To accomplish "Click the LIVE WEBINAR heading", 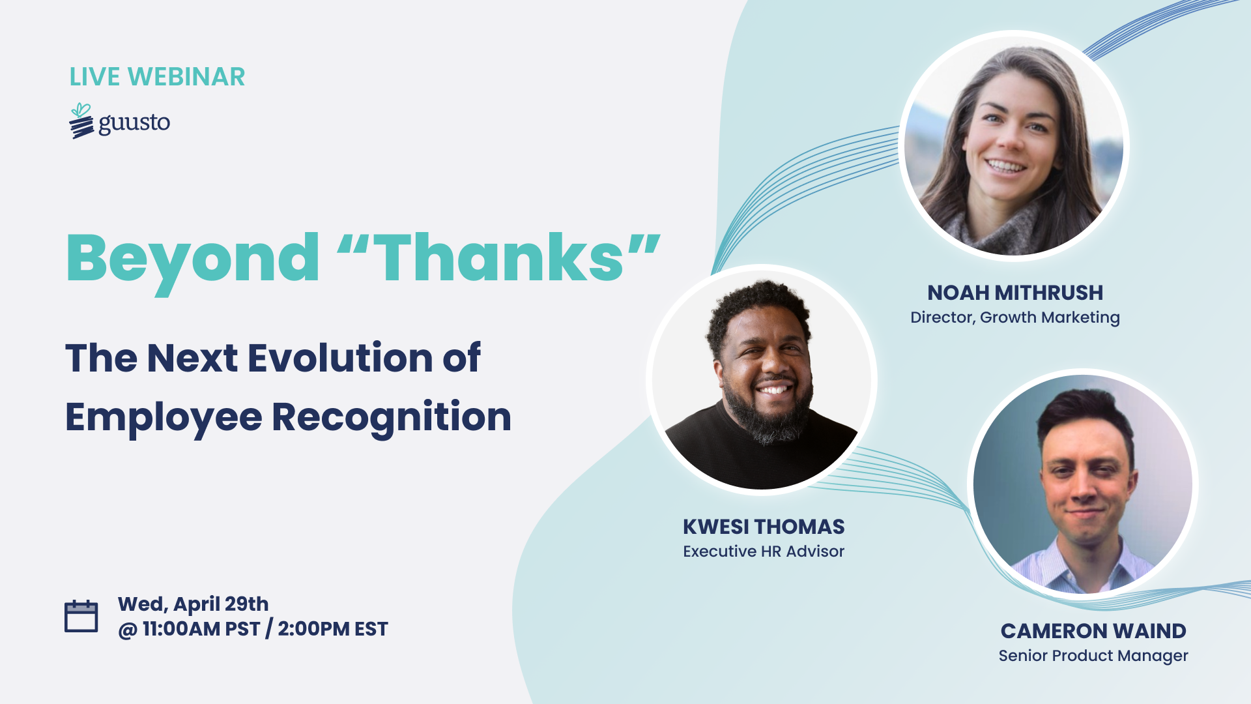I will click(157, 77).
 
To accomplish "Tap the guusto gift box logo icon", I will click(81, 122).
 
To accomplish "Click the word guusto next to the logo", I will click(134, 123).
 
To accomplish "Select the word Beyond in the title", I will click(193, 259).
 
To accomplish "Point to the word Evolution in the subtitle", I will click(340, 358).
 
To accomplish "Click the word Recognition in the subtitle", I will click(391, 417).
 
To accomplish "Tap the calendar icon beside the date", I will click(81, 616).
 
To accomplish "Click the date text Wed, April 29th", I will click(193, 604).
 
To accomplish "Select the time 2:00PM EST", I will click(333, 629).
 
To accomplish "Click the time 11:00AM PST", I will click(201, 629).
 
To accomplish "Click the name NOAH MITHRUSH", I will click(1015, 293).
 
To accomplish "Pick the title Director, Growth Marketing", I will click(1015, 317).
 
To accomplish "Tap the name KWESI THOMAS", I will click(764, 527).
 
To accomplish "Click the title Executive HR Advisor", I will click(764, 551).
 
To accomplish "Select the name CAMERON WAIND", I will click(1093, 631).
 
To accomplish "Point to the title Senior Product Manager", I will click(1093, 656).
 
